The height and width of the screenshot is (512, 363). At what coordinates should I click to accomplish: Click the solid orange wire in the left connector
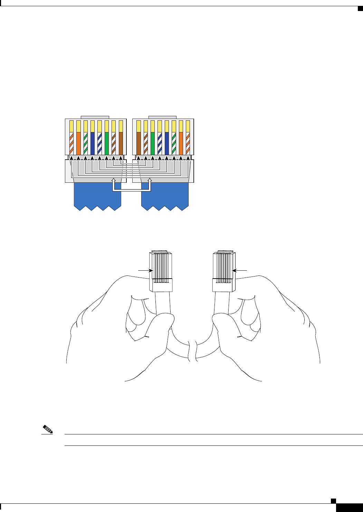[x=78, y=143]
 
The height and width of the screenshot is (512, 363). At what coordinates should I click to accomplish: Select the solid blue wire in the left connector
[x=93, y=143]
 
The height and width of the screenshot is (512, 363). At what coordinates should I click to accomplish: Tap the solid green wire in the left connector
[x=107, y=143]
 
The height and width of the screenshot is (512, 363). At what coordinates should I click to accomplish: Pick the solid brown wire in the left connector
[x=121, y=143]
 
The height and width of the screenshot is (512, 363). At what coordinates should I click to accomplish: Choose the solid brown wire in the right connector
[x=138, y=143]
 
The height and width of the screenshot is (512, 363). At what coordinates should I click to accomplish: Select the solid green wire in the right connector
[x=153, y=143]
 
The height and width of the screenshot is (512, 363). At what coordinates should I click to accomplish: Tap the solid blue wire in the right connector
[x=167, y=143]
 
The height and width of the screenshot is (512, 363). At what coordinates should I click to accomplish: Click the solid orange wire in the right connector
[x=181, y=143]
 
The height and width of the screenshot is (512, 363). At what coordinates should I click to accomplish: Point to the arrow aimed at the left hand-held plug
[x=145, y=271]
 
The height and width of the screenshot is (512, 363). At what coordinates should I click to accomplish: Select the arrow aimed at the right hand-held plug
[x=240, y=271]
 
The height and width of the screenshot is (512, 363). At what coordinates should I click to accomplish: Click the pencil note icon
[x=48, y=430]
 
